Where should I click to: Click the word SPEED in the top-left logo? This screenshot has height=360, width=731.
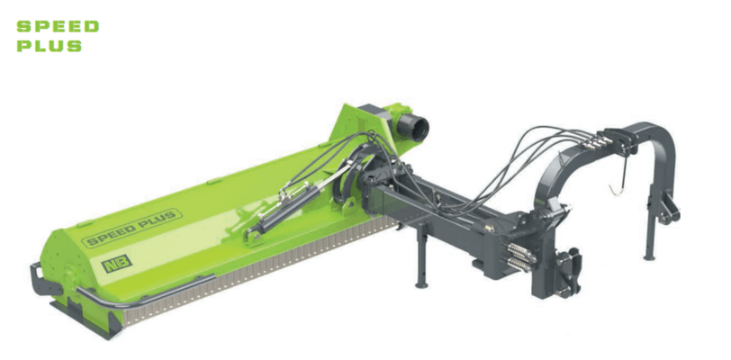click(58, 27)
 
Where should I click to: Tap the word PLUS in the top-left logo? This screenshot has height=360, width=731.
click(50, 46)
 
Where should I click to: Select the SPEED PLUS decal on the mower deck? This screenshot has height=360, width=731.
click(132, 228)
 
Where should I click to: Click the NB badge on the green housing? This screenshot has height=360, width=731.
click(116, 264)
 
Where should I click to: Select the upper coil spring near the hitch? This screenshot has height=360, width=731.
click(522, 252)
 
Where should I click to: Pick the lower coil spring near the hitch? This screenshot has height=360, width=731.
click(518, 265)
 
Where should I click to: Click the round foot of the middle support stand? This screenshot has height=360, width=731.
click(422, 284)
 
